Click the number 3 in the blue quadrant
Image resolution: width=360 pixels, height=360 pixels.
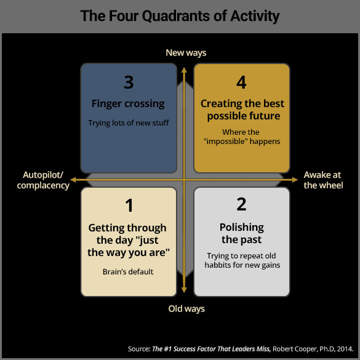129,82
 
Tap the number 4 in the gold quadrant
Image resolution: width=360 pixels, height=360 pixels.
241,82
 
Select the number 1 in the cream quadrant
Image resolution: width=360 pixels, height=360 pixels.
129,206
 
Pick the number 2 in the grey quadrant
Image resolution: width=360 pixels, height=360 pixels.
241,204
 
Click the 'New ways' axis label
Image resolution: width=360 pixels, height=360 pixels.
186,53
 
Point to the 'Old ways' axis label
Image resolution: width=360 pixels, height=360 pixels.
186,309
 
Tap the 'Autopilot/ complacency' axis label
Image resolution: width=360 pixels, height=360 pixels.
43,180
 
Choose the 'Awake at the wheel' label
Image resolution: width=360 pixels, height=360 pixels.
323,180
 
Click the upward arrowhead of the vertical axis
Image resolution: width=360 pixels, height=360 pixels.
184,70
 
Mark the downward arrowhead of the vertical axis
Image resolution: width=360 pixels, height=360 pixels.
184,290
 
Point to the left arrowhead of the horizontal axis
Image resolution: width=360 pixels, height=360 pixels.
73,180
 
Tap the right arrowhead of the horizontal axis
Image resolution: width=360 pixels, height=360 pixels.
295,180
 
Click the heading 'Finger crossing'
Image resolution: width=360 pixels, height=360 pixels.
128,104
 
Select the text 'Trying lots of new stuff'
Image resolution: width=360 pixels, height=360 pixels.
129,123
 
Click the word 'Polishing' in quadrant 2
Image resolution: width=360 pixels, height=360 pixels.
241,228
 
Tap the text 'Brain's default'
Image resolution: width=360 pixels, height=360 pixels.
128,272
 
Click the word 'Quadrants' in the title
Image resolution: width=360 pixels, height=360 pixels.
175,16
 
